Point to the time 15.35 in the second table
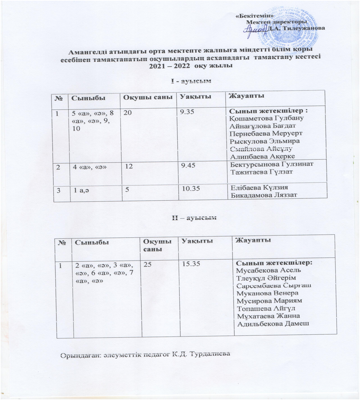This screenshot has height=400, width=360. point(191,265)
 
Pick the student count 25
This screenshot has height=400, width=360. point(147,265)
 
